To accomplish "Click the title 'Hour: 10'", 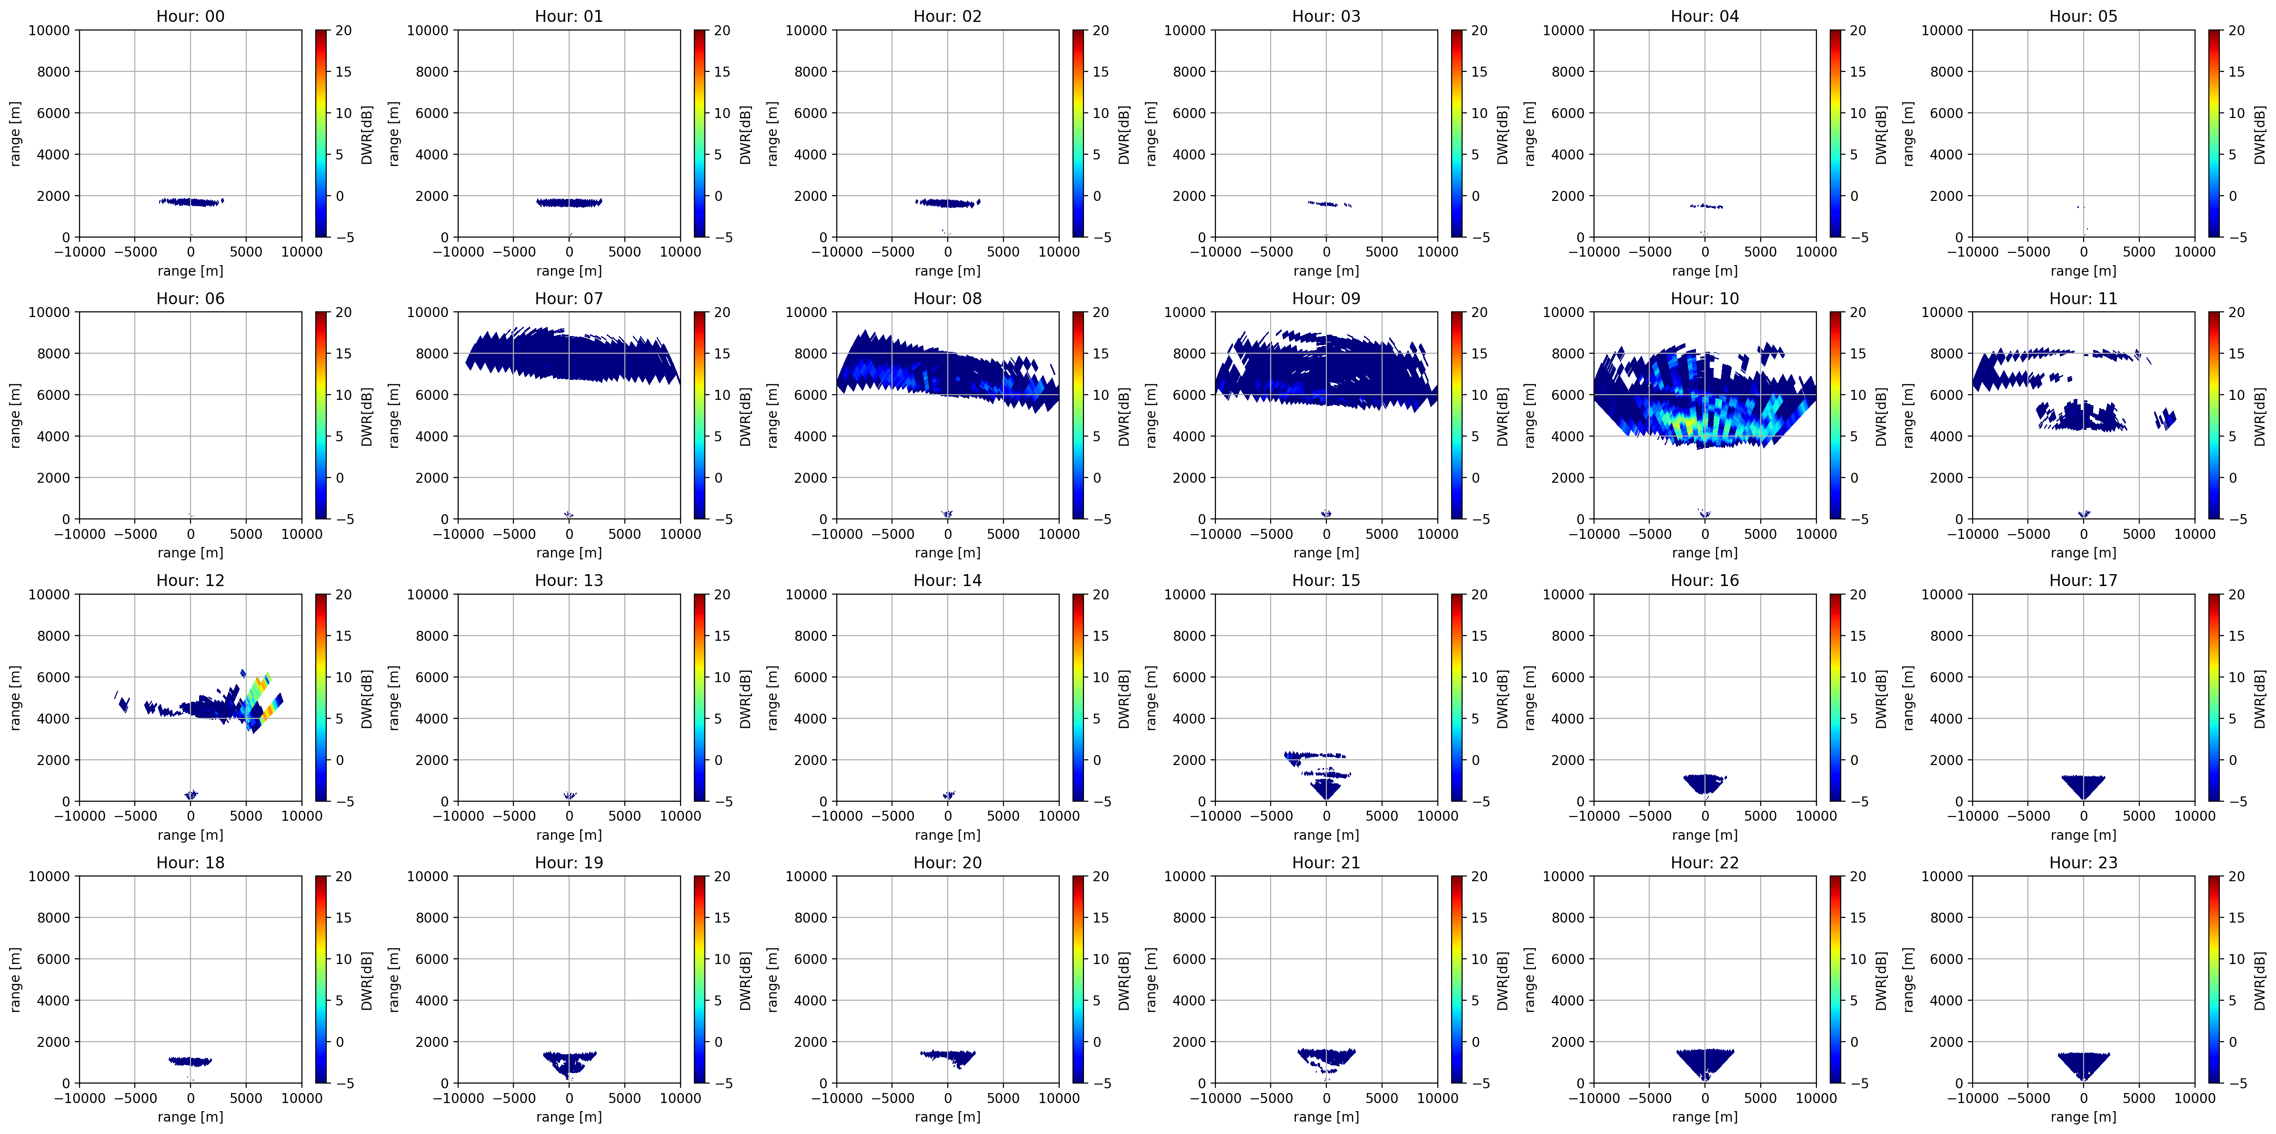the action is click(1704, 298).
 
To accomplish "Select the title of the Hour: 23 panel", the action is click(2084, 862).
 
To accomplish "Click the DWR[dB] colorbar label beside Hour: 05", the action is click(2259, 134).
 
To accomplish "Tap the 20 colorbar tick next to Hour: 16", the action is click(1858, 595).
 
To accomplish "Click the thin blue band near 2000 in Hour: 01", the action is click(569, 202).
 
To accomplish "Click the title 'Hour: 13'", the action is click(569, 580).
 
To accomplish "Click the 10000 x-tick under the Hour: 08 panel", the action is click(1059, 534).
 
